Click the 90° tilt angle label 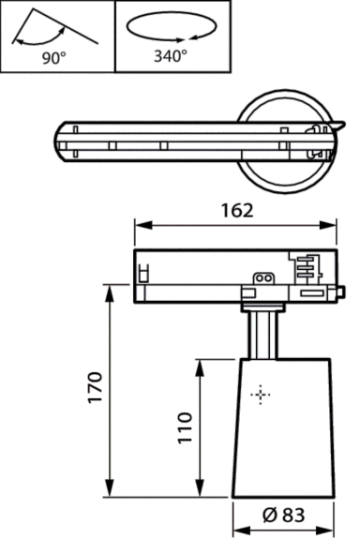(53, 57)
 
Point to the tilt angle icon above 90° (52, 28)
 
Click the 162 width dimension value (236, 210)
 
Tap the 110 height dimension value (184, 427)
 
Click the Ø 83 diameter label (284, 515)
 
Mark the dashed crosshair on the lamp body (261, 395)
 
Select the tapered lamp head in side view (284, 426)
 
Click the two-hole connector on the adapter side (262, 277)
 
